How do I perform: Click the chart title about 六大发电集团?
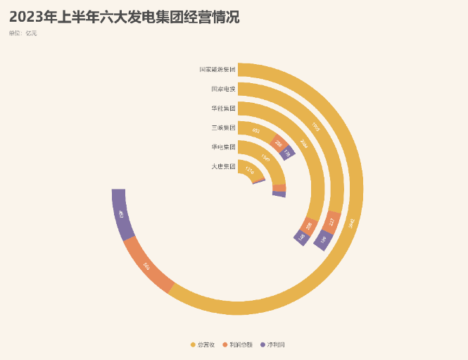click(125, 18)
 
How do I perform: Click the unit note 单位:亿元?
click(23, 33)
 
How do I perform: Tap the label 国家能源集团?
click(217, 70)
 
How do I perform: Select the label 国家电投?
click(223, 89)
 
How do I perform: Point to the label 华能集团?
click(223, 108)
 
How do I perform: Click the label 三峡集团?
click(223, 128)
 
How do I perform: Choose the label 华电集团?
click(223, 147)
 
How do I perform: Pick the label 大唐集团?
click(223, 166)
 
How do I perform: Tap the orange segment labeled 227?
click(331, 223)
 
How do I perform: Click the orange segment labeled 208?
click(308, 225)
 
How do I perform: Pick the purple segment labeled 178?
click(286, 152)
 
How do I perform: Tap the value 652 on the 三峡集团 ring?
click(255, 131)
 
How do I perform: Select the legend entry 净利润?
click(272, 345)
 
